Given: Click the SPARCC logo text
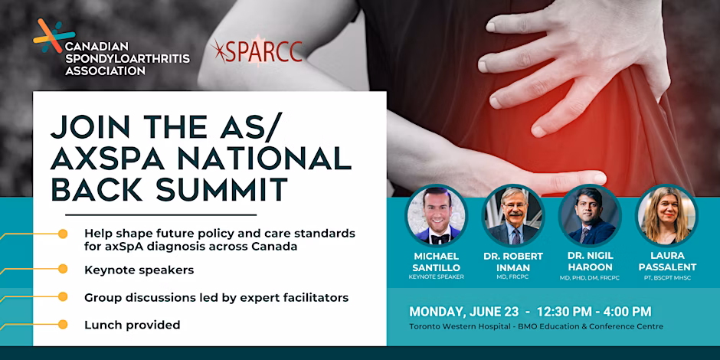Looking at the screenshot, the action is [257, 51].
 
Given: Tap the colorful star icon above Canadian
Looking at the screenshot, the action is [54, 36].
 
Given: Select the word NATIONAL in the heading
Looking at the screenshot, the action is [257, 158].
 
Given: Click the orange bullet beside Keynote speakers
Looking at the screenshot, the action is [63, 269].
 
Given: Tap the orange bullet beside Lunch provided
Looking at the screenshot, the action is [63, 325].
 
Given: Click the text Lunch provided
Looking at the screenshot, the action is [133, 325].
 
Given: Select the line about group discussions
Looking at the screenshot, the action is [216, 298].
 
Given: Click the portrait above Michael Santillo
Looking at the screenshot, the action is [436, 215].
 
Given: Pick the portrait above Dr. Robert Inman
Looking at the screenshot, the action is [513, 215].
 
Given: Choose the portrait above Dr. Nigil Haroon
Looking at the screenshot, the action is [590, 215].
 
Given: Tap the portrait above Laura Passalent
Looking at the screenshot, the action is [667, 215].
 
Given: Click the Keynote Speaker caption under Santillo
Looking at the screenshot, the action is [437, 277].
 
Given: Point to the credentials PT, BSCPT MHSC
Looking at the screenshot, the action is [667, 278].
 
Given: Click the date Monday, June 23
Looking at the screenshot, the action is [464, 312].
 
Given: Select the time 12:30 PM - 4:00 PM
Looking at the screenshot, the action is [594, 312].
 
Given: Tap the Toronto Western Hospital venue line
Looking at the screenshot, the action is [536, 327].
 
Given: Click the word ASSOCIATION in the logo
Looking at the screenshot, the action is [105, 71].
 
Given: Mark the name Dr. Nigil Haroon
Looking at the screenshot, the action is [591, 261].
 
